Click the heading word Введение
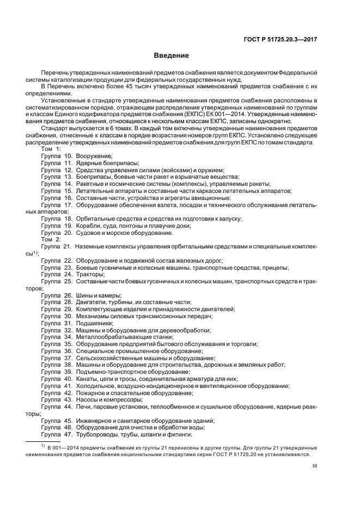click(x=171, y=56)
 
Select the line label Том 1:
click(x=52, y=149)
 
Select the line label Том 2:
click(x=52, y=240)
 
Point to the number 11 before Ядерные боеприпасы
click(x=68, y=163)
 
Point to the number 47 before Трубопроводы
click(x=68, y=434)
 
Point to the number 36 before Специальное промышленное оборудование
click(x=68, y=351)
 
